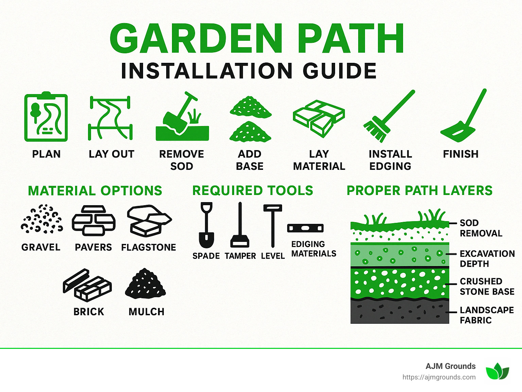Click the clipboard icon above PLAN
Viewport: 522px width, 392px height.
click(x=46, y=117)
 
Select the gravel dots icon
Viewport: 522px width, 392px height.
click(x=42, y=219)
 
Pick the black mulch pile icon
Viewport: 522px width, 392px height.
click(x=145, y=284)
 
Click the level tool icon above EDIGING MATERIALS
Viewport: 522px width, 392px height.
click(x=305, y=228)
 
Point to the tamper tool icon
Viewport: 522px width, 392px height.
click(x=240, y=226)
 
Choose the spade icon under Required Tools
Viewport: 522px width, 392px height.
click(x=206, y=226)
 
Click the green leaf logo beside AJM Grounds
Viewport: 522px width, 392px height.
click(x=497, y=371)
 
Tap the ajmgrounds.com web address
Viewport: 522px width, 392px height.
click(x=439, y=377)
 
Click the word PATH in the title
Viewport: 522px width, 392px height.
click(x=352, y=39)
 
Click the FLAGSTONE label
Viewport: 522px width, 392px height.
click(x=149, y=247)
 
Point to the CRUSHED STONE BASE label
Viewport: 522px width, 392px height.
click(x=487, y=286)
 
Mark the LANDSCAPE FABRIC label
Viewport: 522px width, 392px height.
click(x=486, y=315)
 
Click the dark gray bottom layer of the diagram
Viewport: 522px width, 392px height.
click(x=400, y=311)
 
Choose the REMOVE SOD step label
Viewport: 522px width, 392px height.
click(x=181, y=160)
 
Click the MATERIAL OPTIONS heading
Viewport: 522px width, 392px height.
click(x=95, y=191)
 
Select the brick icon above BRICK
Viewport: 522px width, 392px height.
click(x=87, y=285)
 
